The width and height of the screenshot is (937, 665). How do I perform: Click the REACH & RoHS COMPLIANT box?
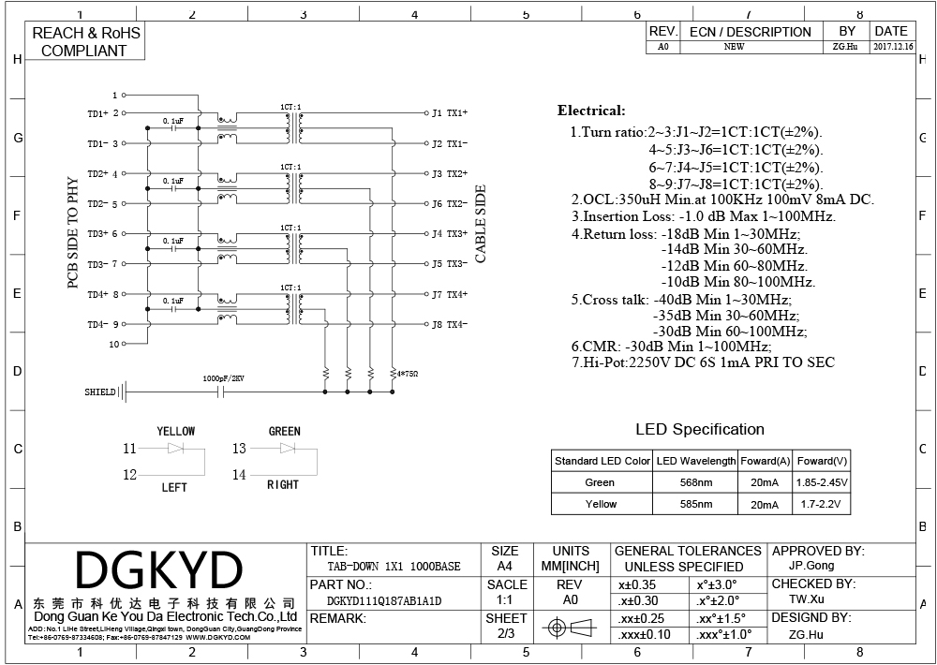(x=85, y=42)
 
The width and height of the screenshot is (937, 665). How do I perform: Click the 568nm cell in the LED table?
(x=694, y=482)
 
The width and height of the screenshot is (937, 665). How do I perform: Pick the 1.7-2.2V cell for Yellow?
(x=822, y=504)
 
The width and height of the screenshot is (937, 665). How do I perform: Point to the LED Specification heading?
(x=700, y=430)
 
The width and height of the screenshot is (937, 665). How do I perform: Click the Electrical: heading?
(x=591, y=111)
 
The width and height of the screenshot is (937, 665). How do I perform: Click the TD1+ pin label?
(x=98, y=113)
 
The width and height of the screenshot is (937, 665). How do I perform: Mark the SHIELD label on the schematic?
(x=99, y=392)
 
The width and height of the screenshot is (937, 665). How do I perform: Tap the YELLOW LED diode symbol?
(x=176, y=450)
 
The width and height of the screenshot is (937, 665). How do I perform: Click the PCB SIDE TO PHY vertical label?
(x=72, y=231)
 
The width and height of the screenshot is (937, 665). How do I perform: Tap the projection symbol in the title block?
(x=570, y=627)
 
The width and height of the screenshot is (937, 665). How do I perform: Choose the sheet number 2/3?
(x=505, y=634)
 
